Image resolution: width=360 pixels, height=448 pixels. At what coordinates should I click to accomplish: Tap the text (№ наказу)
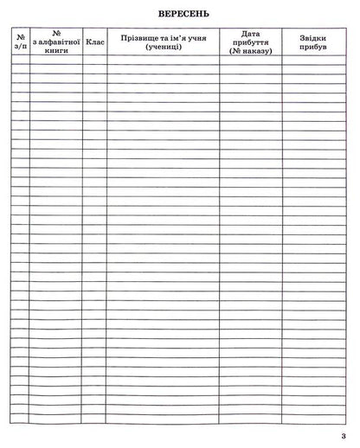[252, 52]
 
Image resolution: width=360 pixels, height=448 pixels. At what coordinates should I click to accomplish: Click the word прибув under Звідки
[313, 48]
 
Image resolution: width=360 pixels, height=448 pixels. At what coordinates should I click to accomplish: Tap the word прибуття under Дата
[252, 42]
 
